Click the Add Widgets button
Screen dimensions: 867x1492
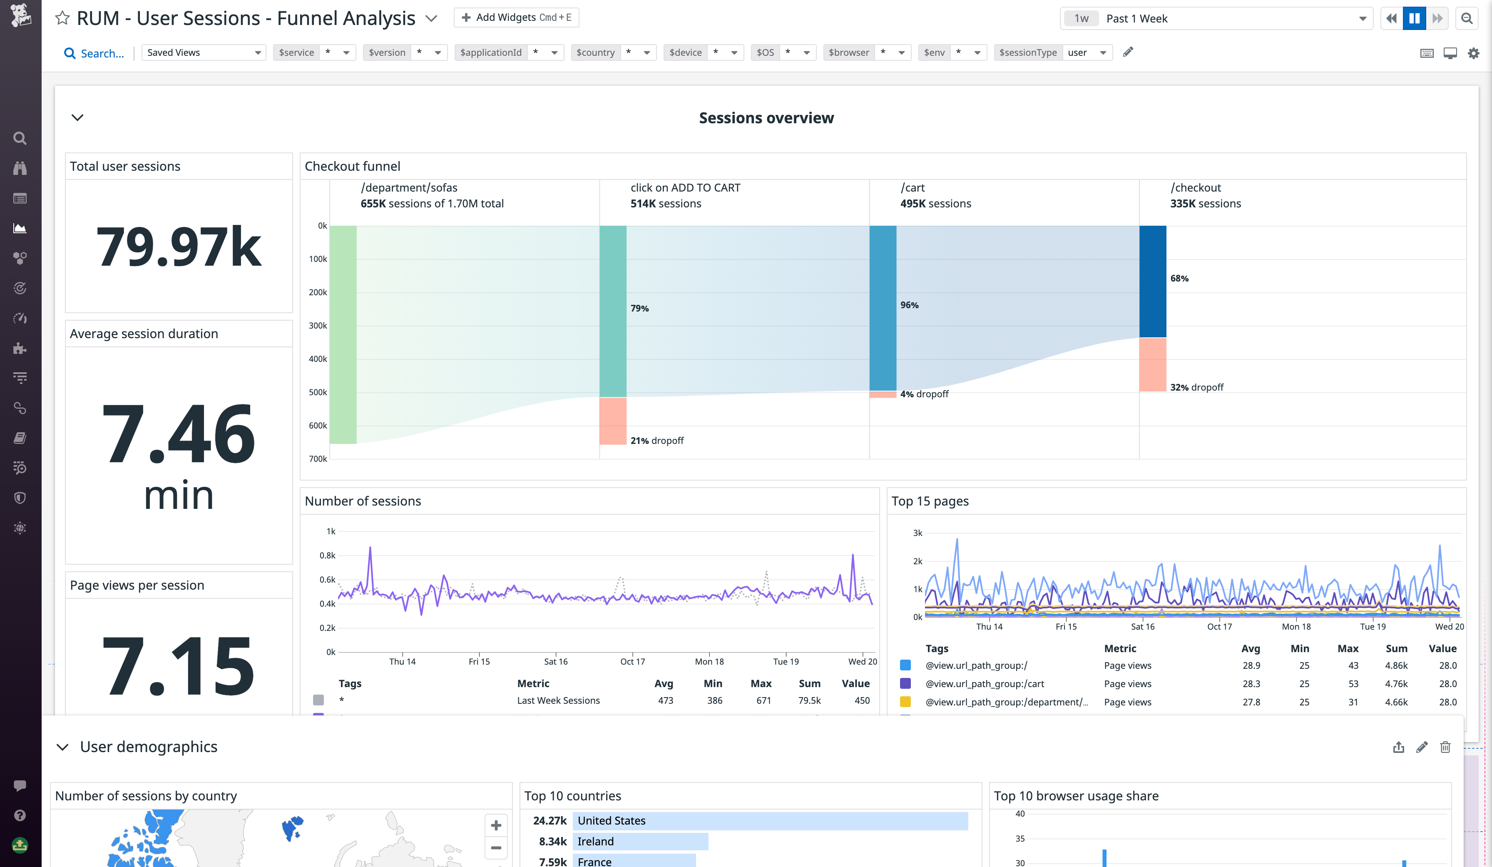[x=516, y=18]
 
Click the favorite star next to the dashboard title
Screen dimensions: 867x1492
[x=62, y=18]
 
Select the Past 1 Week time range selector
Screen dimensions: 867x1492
[x=1216, y=18]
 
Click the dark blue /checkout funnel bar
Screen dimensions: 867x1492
[x=1152, y=282]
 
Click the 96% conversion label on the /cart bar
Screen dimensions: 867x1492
[x=910, y=305]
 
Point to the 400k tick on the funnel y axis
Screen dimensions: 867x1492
[x=318, y=359]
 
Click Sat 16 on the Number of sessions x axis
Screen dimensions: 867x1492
[x=555, y=662]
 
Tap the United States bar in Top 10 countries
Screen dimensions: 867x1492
[x=770, y=821]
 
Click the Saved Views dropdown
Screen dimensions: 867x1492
[x=203, y=53]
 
